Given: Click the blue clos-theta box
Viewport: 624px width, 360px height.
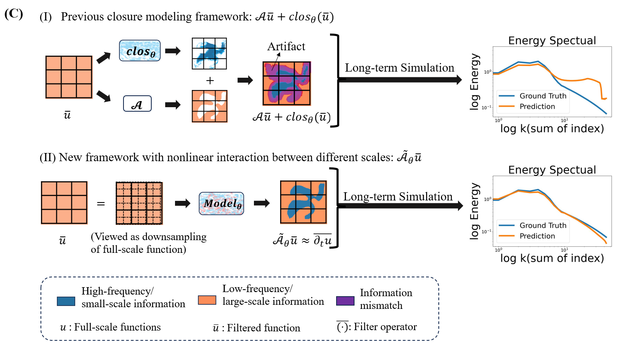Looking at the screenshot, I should coord(140,51).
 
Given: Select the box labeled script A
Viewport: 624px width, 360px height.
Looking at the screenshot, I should coord(137,104).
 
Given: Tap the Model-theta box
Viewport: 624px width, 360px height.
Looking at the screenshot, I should coord(221,203).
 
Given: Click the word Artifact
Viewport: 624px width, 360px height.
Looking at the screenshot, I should coord(286,46).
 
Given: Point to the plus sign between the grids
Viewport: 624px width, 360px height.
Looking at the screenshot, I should coord(210,81).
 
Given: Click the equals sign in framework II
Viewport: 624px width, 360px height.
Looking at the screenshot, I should coord(101,203).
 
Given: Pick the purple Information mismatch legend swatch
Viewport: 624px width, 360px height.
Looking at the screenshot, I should coord(345,301).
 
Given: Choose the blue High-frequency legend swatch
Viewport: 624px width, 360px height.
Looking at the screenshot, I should coord(66,301).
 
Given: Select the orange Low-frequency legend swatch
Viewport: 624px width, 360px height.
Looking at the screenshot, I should coord(207,300).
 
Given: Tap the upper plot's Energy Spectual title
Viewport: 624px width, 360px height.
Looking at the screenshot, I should coord(552,40).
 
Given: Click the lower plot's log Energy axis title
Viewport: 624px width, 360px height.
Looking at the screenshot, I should coord(474,211).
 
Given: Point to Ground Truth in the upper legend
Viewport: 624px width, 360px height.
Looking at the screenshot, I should coord(543,96).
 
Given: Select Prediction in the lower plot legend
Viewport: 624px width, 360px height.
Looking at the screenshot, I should coord(537,236).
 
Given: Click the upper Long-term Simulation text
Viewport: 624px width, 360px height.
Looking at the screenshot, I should coord(399,67).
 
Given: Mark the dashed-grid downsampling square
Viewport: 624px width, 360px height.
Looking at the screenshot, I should coord(139,203).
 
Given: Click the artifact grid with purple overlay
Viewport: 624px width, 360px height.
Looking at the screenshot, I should coord(287,83).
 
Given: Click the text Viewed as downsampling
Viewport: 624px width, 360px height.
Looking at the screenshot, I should coord(148,237).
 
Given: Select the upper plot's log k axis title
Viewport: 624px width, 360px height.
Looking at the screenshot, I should coord(552,128).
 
